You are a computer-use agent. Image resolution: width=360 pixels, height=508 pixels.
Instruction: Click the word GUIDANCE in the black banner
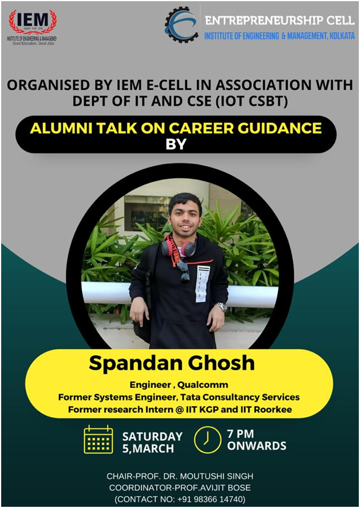tap(283, 128)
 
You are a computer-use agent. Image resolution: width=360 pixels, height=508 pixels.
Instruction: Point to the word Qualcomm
tap(202, 385)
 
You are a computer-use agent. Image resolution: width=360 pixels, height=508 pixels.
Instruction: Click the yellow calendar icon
tap(98, 440)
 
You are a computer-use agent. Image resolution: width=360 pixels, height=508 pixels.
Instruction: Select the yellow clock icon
tap(207, 440)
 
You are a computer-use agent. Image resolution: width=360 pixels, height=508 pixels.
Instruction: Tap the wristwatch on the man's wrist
tap(221, 307)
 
